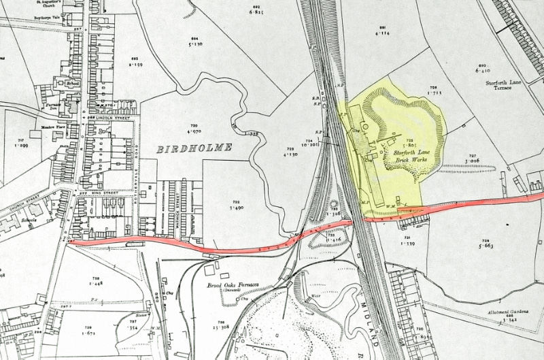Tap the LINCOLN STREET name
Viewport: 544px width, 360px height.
pos(115,118)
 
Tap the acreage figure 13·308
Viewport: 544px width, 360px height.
pos(221,327)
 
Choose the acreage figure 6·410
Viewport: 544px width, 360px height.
pos(482,69)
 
